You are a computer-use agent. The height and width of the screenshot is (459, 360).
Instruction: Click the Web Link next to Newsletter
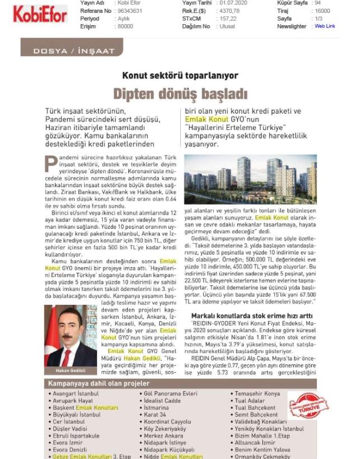pos(325,26)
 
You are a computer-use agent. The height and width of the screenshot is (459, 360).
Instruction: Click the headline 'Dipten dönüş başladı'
pos(181,92)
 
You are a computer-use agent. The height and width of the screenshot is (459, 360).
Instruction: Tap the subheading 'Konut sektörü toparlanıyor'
pos(181,75)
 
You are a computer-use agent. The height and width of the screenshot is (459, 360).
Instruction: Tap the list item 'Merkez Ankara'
pos(164,435)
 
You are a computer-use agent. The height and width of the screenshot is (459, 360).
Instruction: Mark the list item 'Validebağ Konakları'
pos(261,421)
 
